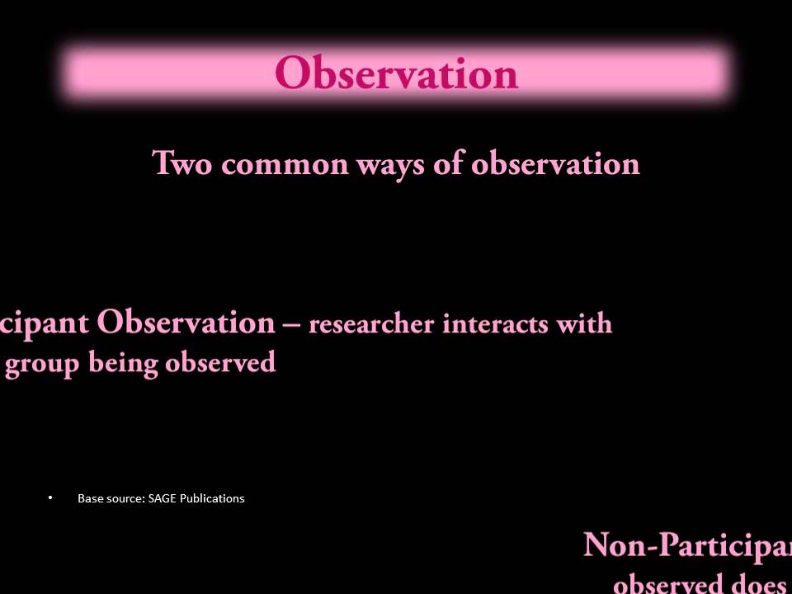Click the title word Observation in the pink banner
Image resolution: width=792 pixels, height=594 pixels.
(x=396, y=73)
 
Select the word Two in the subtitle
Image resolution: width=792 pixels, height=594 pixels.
(x=183, y=163)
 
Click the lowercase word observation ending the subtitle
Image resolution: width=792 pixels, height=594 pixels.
(x=555, y=163)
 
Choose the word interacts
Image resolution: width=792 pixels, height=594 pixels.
(x=496, y=323)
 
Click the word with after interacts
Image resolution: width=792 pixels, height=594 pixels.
(x=584, y=323)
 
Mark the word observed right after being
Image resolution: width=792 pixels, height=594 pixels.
(x=220, y=363)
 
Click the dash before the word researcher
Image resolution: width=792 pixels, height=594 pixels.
(x=291, y=323)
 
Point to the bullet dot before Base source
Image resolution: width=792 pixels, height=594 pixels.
(x=50, y=497)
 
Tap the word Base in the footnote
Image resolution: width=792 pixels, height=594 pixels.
(x=90, y=498)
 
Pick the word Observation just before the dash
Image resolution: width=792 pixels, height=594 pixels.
(x=186, y=322)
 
